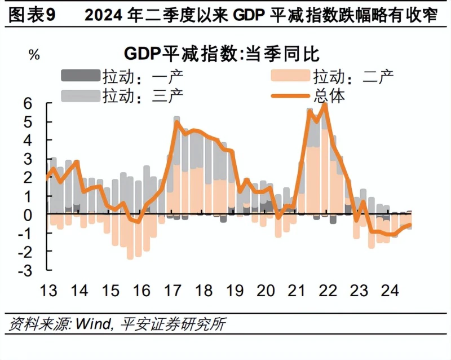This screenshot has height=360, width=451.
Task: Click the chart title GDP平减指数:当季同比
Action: coord(222,54)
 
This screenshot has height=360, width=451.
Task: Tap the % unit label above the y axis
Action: coord(34,54)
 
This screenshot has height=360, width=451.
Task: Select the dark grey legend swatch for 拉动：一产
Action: coord(81,76)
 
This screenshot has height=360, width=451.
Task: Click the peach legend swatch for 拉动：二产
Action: coord(290,76)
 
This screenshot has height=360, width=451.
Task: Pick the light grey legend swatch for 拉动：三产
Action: coord(81,95)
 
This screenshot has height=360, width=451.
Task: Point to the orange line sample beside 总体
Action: coord(290,95)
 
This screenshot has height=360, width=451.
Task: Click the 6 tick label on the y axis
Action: coord(28,104)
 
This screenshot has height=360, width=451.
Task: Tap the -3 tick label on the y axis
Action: coord(25,271)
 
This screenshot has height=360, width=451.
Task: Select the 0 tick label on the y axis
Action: coord(28,215)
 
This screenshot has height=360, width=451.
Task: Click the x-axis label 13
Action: coord(48,290)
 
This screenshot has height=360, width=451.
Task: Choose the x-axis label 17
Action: coord(173,290)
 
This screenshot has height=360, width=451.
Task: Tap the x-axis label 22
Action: coord(328,290)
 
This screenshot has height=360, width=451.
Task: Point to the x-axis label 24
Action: coord(390,290)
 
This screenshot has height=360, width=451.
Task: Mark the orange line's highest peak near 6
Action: coord(325,104)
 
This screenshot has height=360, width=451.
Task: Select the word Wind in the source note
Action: coord(93,324)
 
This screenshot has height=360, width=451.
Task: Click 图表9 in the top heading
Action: coord(32,15)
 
